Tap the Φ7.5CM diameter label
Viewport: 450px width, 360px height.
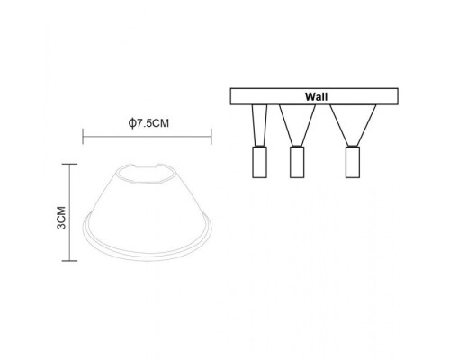pos(147,122)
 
